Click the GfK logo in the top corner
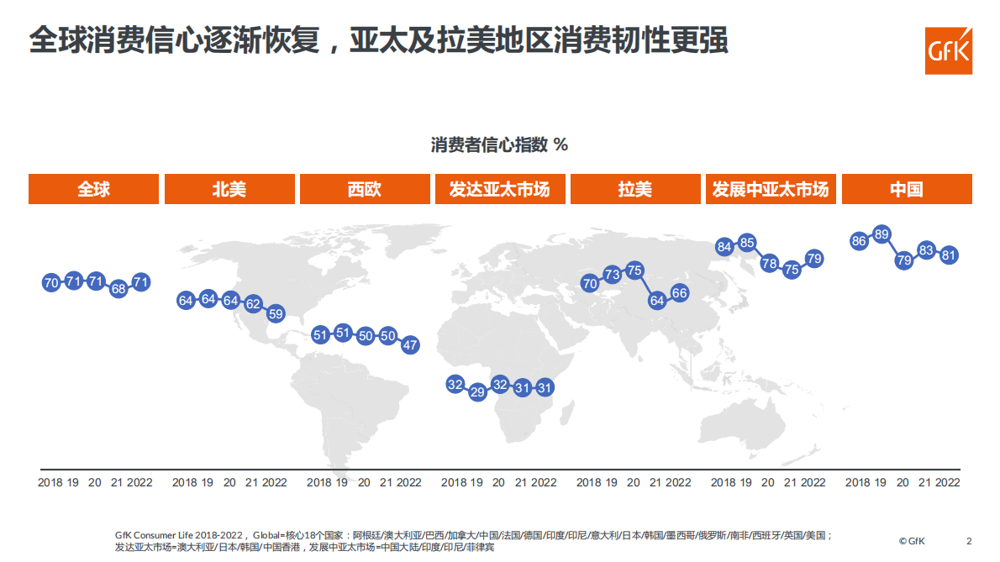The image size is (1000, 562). pos(948,50)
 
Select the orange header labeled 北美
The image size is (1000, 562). pos(229,189)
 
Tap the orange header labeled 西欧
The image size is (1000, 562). pos(365,189)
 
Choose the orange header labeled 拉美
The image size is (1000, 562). pos(634,189)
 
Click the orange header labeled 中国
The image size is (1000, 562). pos(907,189)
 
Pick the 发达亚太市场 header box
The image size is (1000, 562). pos(499,189)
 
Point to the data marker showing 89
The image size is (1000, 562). pos(882,234)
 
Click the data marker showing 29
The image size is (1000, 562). pos(477,391)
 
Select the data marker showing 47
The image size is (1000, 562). pos(410,344)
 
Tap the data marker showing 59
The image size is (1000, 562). pos(276,314)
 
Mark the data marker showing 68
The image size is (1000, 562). pos(118,289)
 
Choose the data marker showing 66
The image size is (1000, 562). pos(680,293)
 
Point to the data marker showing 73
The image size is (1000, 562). pos(612,275)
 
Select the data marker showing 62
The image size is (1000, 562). pos(253,305)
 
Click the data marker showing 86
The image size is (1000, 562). pos(859,241)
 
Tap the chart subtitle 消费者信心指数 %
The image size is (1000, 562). pos(499,145)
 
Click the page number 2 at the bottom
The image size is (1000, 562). pos(969,541)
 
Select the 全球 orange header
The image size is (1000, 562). pos(93,189)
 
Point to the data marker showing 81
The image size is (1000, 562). pos(950,255)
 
